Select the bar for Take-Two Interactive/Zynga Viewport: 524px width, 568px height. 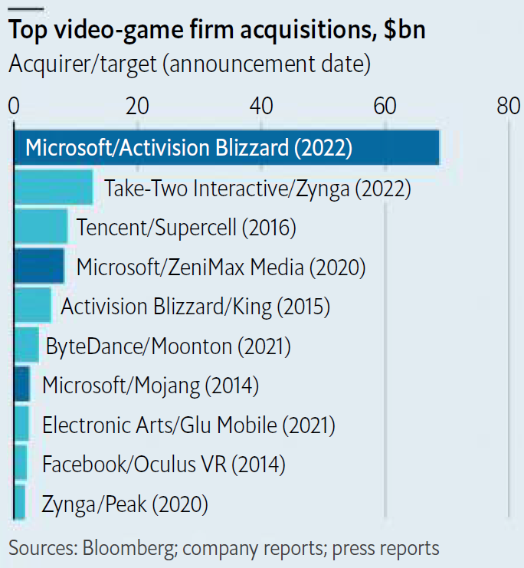coord(54,188)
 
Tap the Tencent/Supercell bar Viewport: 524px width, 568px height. coord(41,227)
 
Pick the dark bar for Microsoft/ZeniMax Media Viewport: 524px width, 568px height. coord(40,267)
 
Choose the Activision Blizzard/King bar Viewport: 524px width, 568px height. coord(33,307)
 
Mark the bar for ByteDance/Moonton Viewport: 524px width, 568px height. coord(27,346)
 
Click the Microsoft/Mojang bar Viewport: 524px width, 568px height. coord(22,385)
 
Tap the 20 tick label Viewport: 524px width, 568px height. coord(137,107)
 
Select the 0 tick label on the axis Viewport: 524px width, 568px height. coord(14,107)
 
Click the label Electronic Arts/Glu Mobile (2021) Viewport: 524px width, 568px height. coord(188,425)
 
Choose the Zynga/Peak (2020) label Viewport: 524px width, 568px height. coord(126,504)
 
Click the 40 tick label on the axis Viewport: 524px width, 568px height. coord(261,107)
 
